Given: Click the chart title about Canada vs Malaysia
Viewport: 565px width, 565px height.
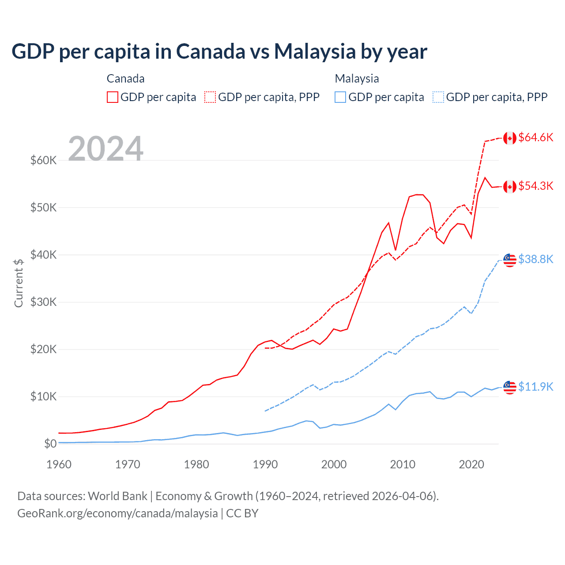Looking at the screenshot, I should coord(219,52).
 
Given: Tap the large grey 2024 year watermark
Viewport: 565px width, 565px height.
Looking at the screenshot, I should coord(105,149).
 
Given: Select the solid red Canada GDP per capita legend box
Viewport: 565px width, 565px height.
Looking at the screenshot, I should coord(113,97).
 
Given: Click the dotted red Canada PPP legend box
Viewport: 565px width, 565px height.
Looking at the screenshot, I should coord(211,97).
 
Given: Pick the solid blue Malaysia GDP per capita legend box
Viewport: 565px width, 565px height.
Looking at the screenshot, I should coord(340,97).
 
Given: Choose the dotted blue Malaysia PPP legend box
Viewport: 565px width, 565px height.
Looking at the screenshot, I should coord(438,97).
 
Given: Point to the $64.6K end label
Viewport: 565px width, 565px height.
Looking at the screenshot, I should coord(535,137).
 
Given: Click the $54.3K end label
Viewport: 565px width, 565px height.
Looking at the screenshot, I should coord(535,186).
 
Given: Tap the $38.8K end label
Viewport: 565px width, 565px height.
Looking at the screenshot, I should coord(535,259).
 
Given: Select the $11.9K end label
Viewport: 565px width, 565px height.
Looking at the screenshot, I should coord(535,387).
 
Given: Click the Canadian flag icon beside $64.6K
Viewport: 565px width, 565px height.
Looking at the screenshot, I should coord(510,138).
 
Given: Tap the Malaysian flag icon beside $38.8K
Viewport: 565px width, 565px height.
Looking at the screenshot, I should coord(510,260).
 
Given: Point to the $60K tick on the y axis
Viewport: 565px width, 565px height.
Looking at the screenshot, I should coord(43,160).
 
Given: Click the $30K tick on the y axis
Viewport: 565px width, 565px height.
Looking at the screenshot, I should coord(43,302).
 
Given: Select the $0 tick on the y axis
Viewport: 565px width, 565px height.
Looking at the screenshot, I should coord(50,444).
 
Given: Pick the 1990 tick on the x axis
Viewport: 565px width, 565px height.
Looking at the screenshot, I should coord(265,464).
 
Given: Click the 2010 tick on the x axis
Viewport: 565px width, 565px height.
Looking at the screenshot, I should coord(403,464).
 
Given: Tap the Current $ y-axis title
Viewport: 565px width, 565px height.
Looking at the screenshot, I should coord(19,283).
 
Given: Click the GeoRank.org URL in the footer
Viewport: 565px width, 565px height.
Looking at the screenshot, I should coord(117,513).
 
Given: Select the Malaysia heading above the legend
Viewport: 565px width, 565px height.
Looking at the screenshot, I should coord(357,79).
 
